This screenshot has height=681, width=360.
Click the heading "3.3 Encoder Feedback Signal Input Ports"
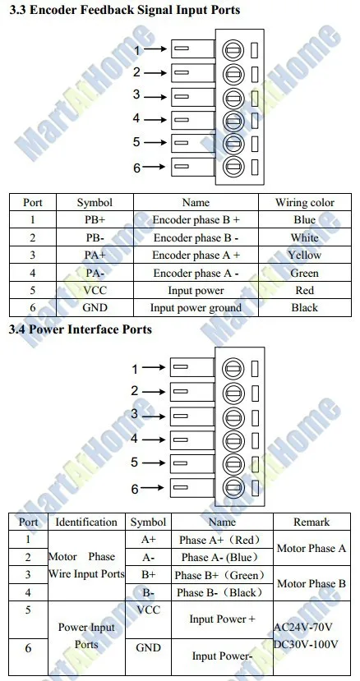(x=124, y=10)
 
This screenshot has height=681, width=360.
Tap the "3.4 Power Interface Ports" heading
(x=81, y=329)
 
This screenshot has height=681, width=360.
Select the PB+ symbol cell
(x=95, y=220)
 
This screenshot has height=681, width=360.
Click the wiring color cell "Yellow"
(x=304, y=255)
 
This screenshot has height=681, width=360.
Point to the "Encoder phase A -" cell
(x=196, y=274)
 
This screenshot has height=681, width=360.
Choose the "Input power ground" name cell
(x=196, y=308)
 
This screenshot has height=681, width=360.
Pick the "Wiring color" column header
(x=304, y=202)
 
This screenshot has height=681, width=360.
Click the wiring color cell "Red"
(x=304, y=290)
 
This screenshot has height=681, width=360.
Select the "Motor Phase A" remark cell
(x=312, y=548)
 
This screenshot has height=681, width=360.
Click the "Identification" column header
(x=86, y=522)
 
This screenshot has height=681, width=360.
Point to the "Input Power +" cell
(x=222, y=619)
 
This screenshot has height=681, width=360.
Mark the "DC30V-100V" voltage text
(x=306, y=644)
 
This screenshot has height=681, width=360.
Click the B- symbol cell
(x=148, y=592)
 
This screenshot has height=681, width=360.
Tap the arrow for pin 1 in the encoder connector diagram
(x=155, y=49)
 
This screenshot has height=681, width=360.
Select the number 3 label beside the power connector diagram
(x=135, y=414)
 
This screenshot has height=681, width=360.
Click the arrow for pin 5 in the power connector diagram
(x=154, y=463)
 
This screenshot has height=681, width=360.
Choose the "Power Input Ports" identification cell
(x=86, y=635)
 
